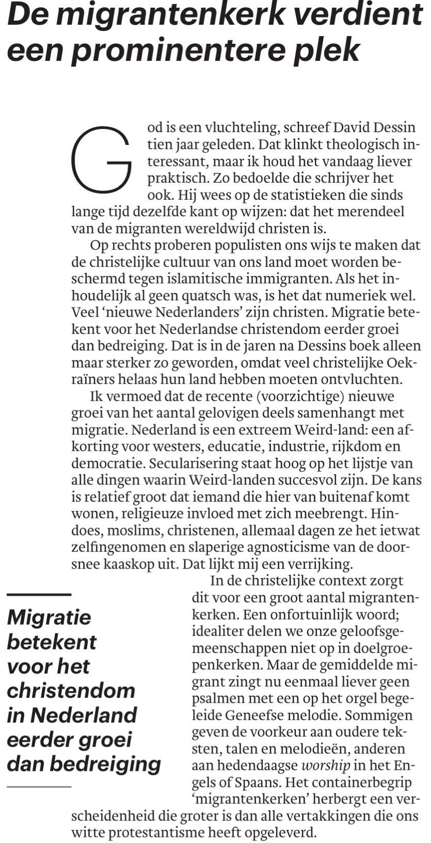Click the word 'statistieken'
coord(295,195)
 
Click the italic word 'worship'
coord(326,766)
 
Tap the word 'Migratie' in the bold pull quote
coord(49,617)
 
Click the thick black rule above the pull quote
coord(39,595)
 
